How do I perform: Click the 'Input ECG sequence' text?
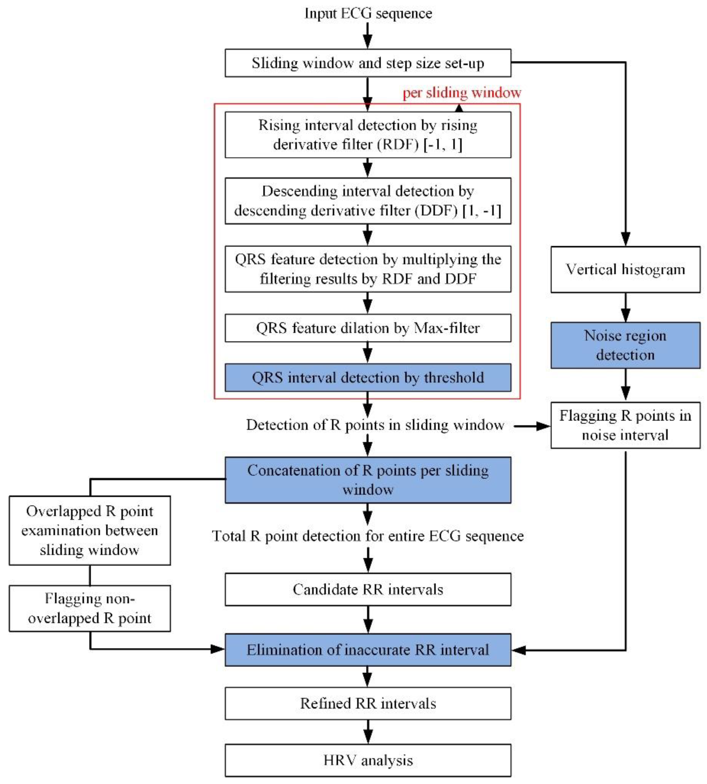coord(368,13)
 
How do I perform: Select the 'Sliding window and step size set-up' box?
coord(368,63)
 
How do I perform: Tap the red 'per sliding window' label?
coord(462,93)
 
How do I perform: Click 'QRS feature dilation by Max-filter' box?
coord(368,328)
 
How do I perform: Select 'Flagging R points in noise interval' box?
coord(625,425)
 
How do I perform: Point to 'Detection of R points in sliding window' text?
coord(375,425)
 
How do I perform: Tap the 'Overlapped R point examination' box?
coord(90,530)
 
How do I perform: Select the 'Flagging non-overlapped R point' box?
coord(90,608)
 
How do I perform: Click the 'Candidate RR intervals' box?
coord(368,589)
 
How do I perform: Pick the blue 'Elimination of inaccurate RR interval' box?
coord(368,650)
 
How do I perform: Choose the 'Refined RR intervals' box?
coord(368,703)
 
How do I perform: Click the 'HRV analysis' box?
coord(368,760)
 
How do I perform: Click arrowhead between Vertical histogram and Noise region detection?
coord(625,315)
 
